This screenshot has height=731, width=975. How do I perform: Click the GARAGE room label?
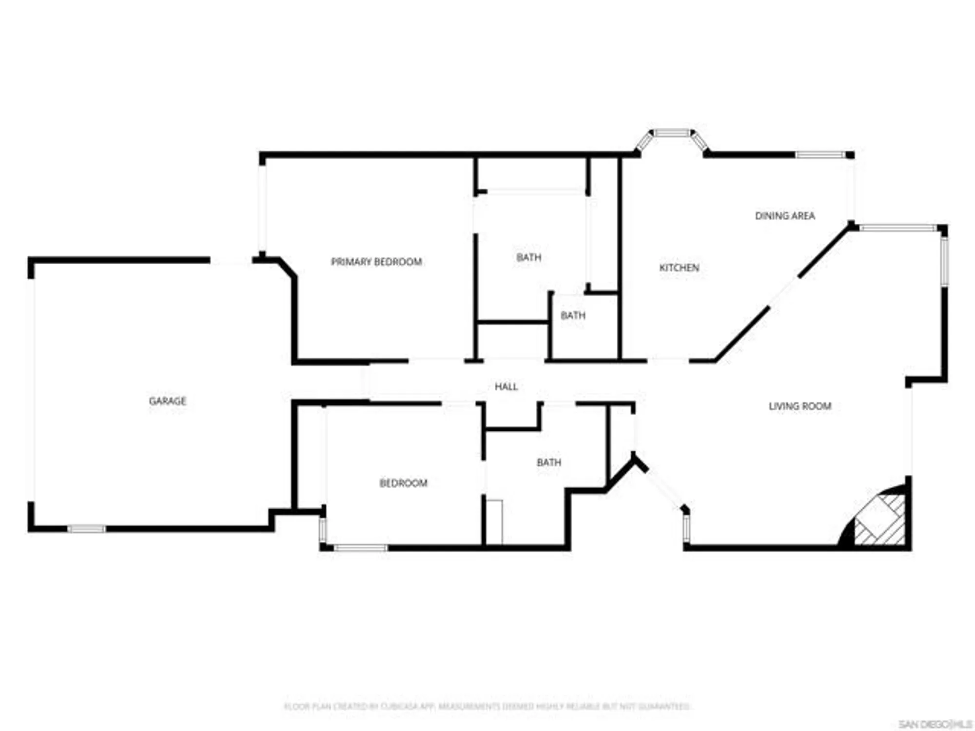tap(167, 401)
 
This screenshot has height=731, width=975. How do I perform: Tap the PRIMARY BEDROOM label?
tap(376, 262)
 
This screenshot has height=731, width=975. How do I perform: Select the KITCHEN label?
tap(679, 268)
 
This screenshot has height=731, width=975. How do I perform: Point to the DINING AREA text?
tap(785, 215)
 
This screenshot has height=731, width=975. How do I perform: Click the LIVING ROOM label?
tap(800, 406)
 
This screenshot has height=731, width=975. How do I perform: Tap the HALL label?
tap(506, 386)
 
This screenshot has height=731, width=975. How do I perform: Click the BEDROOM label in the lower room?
tap(403, 483)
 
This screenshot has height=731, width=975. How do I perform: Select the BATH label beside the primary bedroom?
tap(528, 257)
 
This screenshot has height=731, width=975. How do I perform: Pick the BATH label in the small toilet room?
tap(573, 315)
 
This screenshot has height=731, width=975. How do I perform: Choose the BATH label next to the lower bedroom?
tap(549, 462)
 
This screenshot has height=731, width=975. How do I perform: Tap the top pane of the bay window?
tap(672, 133)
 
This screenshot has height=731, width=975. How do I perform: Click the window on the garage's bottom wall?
tap(86, 529)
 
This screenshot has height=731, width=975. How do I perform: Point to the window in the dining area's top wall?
tap(820, 155)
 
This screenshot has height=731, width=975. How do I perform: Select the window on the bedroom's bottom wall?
tap(360, 548)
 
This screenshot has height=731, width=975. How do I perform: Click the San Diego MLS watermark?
tap(935, 724)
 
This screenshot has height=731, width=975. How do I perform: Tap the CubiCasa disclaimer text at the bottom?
tap(487, 706)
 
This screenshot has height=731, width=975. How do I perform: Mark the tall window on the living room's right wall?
tap(944, 261)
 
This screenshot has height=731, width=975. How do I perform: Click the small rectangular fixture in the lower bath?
tap(494, 521)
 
